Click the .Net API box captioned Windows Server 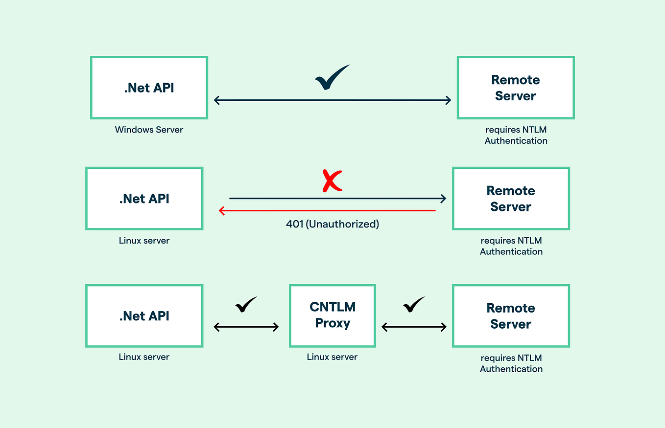pos(149,88)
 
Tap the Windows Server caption pos(149,130)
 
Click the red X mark pos(332,181)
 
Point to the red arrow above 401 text pos(327,210)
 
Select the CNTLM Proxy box pos(332,315)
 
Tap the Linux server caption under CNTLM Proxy pos(332,357)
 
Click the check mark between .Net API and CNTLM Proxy pos(246,305)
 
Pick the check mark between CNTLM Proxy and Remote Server pos(414,305)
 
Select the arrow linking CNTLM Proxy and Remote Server pos(414,327)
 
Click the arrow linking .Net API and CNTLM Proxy pos(246,327)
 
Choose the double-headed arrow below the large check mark pos(332,100)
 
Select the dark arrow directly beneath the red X pos(337,198)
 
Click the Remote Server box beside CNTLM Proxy pos(511,316)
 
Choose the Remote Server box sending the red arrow pos(511,199)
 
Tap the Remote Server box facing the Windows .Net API pos(516,88)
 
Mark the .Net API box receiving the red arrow pos(144,199)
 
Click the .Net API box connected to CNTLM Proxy pos(144,316)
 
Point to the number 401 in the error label pos(294,224)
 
